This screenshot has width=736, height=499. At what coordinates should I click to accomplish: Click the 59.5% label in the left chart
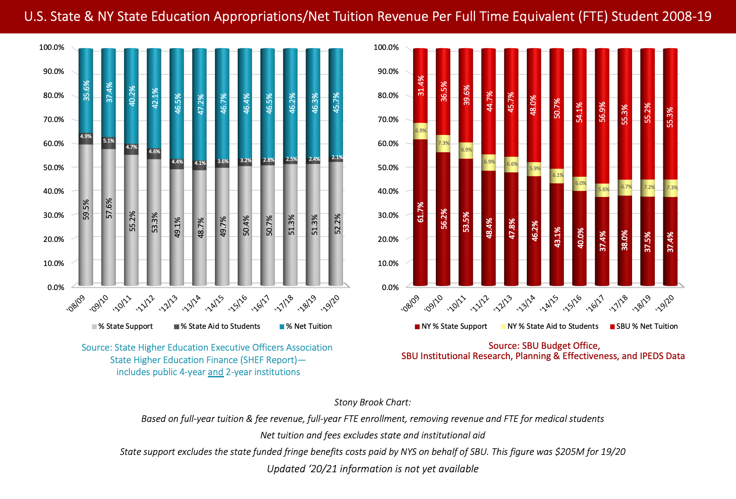click(x=86, y=209)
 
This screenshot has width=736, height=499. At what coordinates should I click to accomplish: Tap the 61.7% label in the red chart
click(x=421, y=212)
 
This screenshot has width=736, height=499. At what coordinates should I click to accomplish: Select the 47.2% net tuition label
click(x=201, y=104)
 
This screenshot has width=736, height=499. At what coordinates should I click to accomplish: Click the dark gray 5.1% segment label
click(x=109, y=141)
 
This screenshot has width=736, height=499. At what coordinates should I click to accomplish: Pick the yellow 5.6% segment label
click(x=604, y=189)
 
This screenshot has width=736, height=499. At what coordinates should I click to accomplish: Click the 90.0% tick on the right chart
click(x=386, y=71)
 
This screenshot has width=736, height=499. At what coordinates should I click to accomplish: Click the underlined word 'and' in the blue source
click(x=215, y=372)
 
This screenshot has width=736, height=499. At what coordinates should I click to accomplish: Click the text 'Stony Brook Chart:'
click(x=372, y=402)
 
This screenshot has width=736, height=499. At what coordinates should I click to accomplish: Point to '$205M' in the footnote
click(x=569, y=452)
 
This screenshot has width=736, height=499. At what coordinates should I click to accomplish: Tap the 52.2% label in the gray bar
click(x=337, y=224)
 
